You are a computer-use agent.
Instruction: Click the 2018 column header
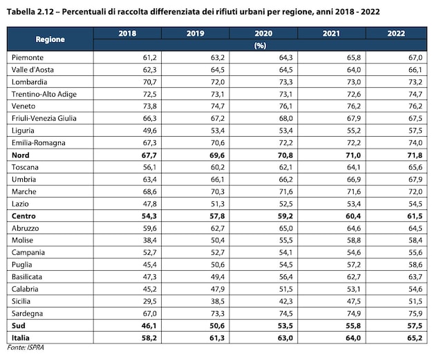coord(127,33)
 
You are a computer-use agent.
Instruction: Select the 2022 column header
coord(396,33)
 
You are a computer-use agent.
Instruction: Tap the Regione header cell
coord(50,39)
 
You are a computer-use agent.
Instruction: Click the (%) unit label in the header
coord(260,46)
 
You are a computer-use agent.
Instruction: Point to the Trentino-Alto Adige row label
coord(44,94)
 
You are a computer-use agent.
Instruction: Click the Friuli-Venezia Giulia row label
coord(44,118)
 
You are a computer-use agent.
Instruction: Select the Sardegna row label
coord(27,314)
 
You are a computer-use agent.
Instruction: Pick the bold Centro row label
coord(24,216)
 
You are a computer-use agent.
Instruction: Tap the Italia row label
coord(21,338)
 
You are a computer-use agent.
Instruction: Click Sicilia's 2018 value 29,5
coord(149,301)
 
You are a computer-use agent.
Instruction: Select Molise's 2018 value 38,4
coord(149,240)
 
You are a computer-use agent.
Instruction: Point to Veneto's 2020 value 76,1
coord(285,106)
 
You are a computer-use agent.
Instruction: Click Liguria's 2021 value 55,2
coord(354,131)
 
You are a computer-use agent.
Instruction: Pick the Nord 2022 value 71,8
coord(415,155)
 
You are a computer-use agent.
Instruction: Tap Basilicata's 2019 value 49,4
coord(218,277)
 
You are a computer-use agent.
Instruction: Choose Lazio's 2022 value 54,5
coord(415,204)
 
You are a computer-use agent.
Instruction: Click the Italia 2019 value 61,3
coord(217,338)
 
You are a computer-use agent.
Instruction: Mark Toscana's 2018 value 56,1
coord(149,167)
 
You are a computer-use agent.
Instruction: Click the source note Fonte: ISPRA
coord(26,348)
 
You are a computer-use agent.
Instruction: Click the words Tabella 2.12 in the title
coord(30,12)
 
